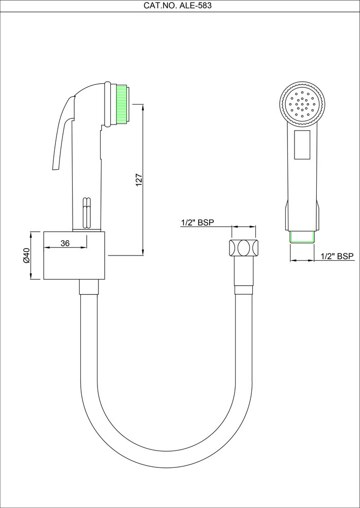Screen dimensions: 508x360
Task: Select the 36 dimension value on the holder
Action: (x=64, y=243)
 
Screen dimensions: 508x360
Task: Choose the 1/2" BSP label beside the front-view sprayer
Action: (x=338, y=256)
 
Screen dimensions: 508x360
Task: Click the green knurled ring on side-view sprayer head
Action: (x=121, y=105)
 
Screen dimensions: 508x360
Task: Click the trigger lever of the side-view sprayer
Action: (x=61, y=132)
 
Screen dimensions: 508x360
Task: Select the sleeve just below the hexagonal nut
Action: (x=243, y=274)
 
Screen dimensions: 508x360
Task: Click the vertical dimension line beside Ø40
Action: (x=32, y=255)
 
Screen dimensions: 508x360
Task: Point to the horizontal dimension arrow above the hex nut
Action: (x=244, y=228)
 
